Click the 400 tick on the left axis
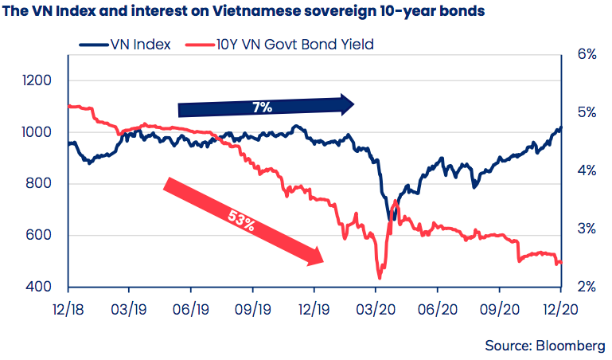(x=41, y=287)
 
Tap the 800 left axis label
(x=41, y=184)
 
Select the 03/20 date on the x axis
(x=377, y=308)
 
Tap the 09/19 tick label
(x=253, y=308)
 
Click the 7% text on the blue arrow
(x=259, y=105)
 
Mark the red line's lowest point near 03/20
(x=380, y=278)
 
